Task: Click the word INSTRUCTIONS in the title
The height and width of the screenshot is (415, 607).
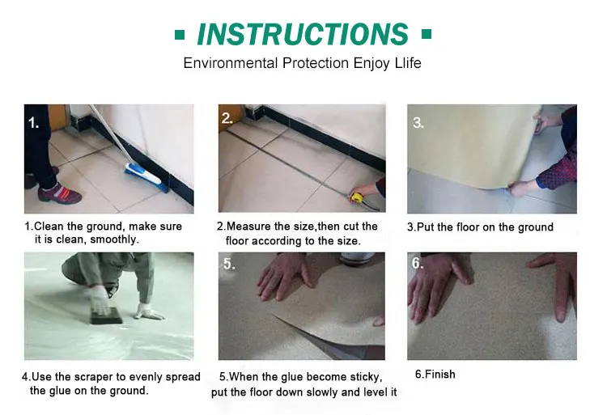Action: click(x=303, y=35)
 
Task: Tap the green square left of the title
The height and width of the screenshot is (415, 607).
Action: click(x=180, y=35)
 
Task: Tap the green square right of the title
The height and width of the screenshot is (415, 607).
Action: click(x=427, y=34)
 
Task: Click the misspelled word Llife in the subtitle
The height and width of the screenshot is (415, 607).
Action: click(x=408, y=62)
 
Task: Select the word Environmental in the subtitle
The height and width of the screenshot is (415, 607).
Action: click(x=231, y=62)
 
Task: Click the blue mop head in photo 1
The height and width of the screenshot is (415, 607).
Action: click(x=146, y=178)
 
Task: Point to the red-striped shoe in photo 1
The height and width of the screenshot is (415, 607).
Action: click(x=60, y=193)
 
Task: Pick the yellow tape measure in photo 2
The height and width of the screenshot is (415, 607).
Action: click(x=356, y=196)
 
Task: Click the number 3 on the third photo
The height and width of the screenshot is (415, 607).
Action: click(x=418, y=123)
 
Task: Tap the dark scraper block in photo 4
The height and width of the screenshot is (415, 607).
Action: click(x=107, y=316)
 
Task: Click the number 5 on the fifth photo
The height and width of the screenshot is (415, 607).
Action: click(x=229, y=264)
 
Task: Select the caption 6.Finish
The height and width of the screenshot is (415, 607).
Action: click(x=435, y=374)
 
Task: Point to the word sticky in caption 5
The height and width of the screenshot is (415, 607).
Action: click(x=366, y=377)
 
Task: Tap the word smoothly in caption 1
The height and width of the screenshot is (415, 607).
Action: click(x=114, y=239)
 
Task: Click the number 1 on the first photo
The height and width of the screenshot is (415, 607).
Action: click(x=33, y=123)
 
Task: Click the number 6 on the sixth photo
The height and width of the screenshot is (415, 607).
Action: click(x=417, y=264)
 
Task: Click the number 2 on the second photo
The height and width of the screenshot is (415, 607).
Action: click(x=227, y=118)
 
